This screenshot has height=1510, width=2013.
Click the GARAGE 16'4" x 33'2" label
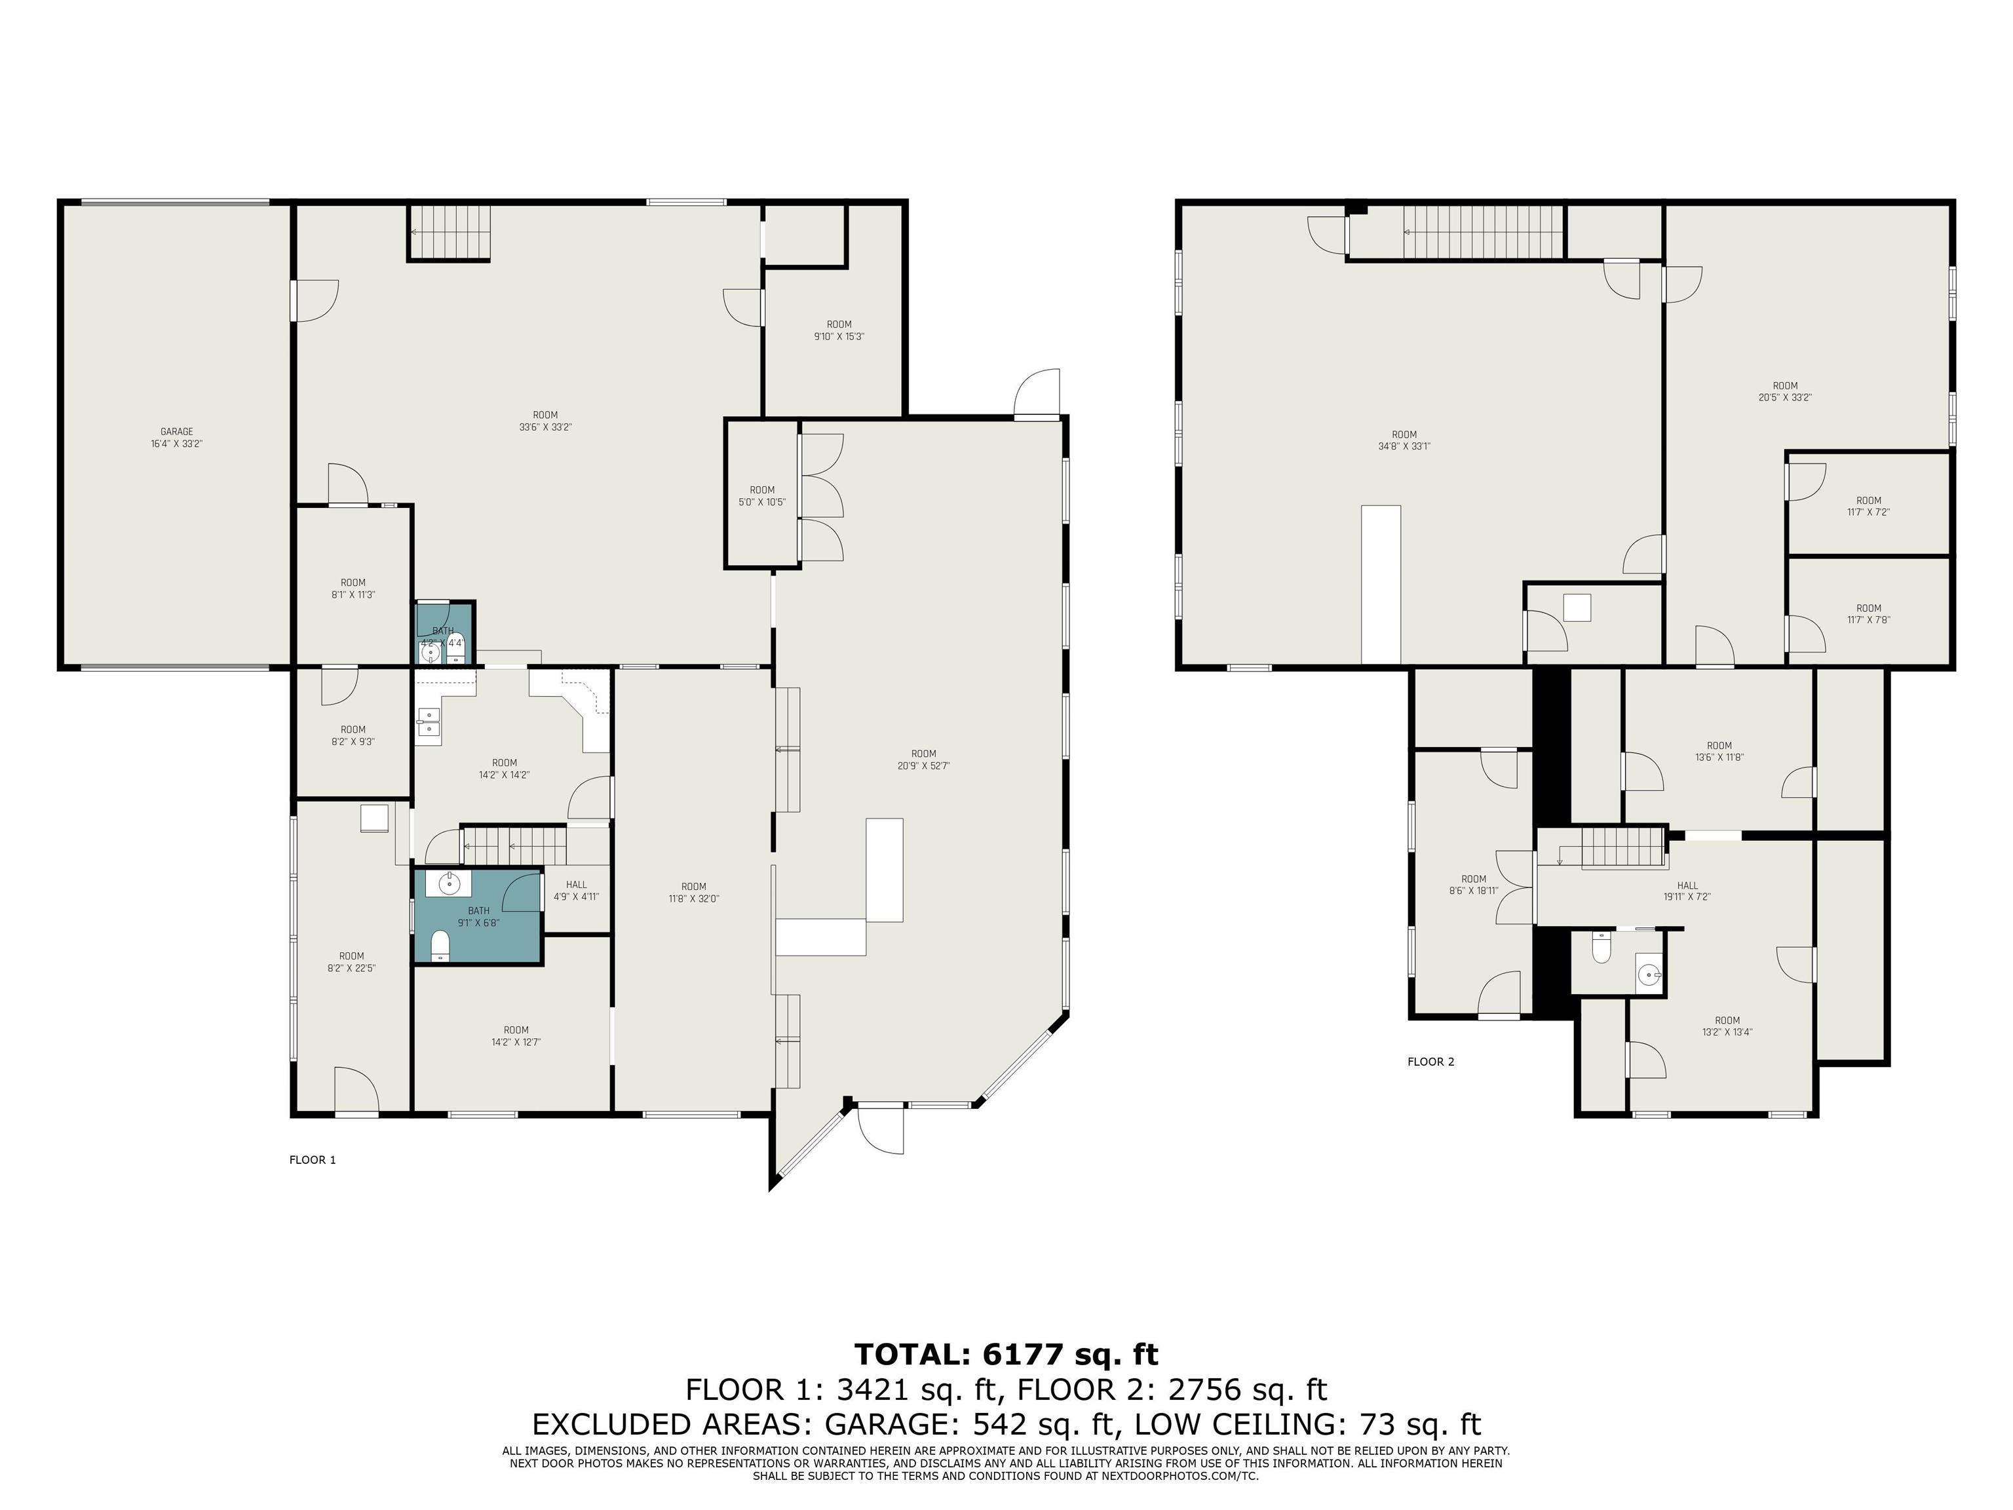[x=176, y=438]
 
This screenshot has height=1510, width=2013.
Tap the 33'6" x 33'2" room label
[x=545, y=421]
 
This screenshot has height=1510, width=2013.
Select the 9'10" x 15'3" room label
[x=839, y=330]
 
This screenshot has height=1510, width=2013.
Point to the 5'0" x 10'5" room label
[x=761, y=496]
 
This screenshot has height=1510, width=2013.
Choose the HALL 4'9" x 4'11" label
[x=576, y=890]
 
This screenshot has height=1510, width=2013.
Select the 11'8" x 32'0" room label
[x=693, y=892]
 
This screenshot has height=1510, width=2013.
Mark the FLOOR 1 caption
[x=312, y=1159]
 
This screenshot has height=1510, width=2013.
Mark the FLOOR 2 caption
[x=1430, y=1061]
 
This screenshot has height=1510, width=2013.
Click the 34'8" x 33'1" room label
[x=1404, y=440]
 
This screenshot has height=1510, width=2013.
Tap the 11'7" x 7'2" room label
[x=1868, y=506]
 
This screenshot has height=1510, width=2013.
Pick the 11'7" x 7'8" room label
[x=1868, y=613]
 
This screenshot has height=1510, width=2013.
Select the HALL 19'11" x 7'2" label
[x=1687, y=890]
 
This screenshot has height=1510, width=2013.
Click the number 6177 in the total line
[x=1023, y=1355]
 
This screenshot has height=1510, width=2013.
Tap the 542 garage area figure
[x=1001, y=1423]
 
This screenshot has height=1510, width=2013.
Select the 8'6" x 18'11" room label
[x=1473, y=885]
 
